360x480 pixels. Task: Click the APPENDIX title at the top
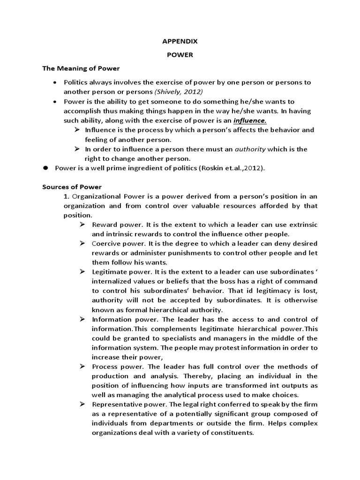pyautogui.click(x=180, y=41)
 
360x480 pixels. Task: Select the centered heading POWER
pyautogui.click(x=180, y=55)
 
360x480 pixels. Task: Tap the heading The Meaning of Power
pyautogui.click(x=81, y=68)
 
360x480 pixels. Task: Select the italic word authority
pyautogui.click(x=250, y=149)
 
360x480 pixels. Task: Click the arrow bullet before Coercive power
pyautogui.click(x=82, y=244)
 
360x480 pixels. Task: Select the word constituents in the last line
pyautogui.click(x=231, y=433)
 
